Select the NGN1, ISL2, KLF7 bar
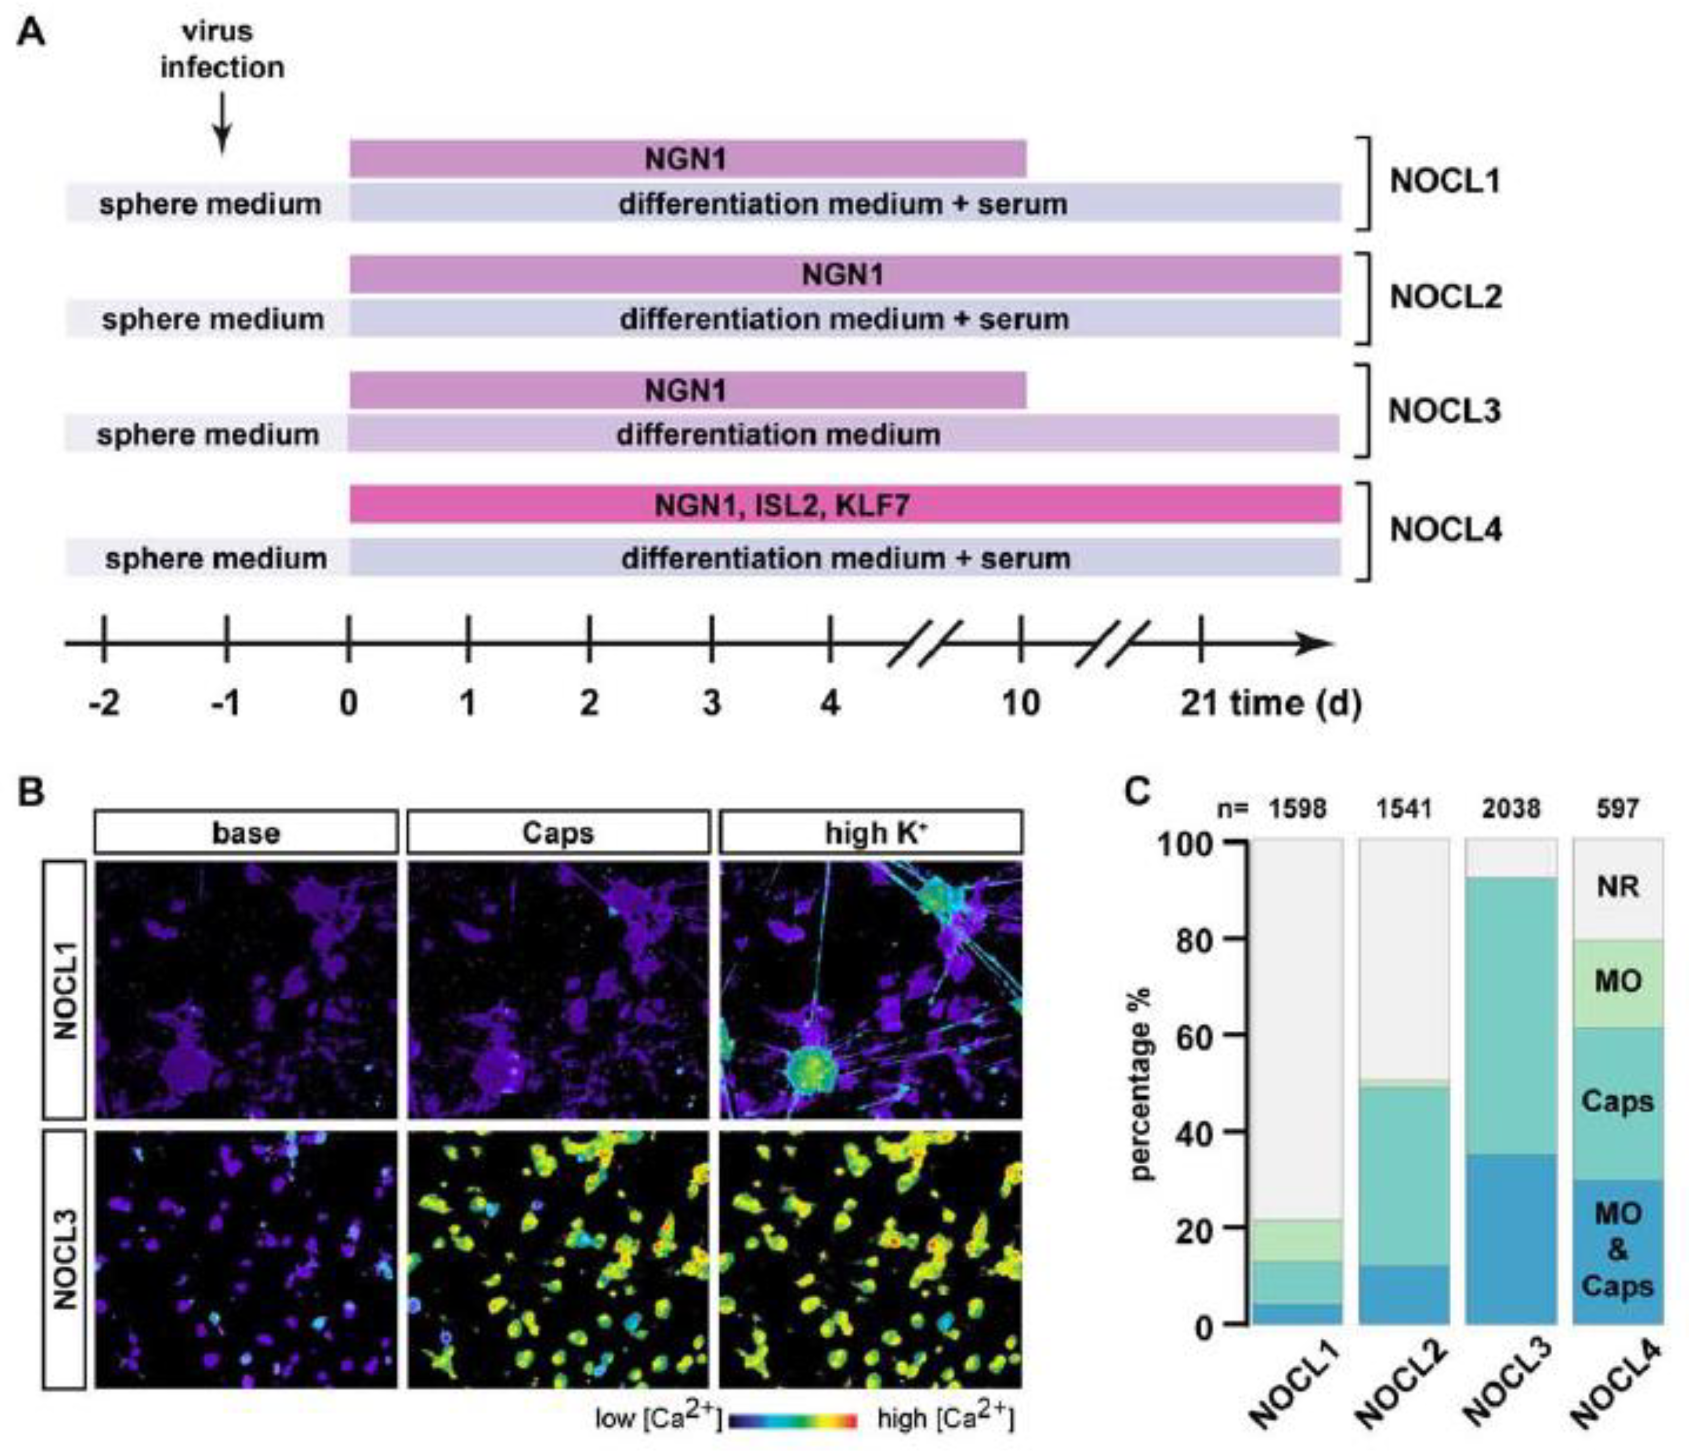(844, 504)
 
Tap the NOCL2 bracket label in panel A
(1444, 297)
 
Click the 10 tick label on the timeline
(1021, 702)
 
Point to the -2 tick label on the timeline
(104, 702)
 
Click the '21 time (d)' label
(1270, 702)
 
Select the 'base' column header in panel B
(246, 832)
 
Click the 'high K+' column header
(871, 832)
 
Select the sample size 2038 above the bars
(1510, 808)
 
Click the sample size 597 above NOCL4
(1617, 808)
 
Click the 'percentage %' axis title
(1144, 1084)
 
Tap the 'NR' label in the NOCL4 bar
(1617, 886)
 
